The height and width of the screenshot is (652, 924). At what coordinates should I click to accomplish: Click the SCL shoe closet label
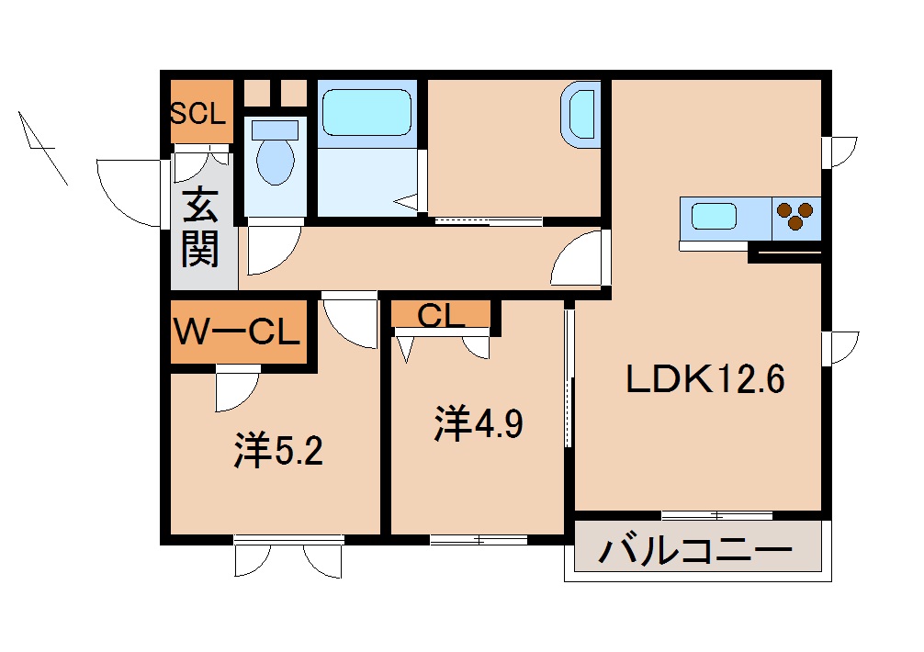coord(197,114)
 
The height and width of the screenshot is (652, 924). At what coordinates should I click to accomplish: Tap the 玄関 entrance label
coord(200,228)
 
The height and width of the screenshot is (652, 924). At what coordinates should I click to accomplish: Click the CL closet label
coord(440,316)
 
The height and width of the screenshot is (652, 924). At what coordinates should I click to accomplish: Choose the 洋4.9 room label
coord(479,424)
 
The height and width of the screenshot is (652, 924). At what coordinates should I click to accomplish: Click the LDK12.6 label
coord(704,379)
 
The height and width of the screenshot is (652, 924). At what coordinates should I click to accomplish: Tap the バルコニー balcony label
coord(695,552)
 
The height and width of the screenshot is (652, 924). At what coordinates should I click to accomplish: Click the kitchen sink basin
coord(714,218)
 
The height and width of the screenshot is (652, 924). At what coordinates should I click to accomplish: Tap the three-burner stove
coord(795,218)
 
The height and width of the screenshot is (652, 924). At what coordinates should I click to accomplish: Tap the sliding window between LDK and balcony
coord(716,515)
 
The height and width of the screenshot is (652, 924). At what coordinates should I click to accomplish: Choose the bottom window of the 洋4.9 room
coord(479,539)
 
